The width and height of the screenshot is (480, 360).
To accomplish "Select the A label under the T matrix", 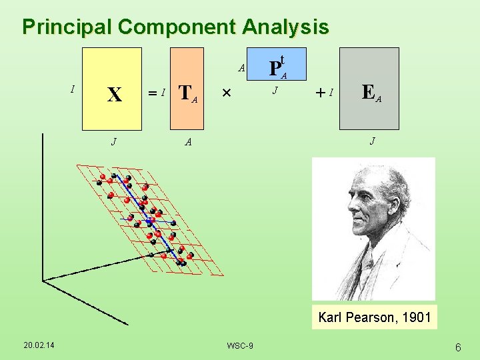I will pos(189,141).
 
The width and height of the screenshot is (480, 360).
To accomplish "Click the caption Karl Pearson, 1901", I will pos(374,317).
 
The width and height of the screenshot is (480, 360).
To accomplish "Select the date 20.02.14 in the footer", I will pos(39,345).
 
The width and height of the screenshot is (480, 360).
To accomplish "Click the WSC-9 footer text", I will pos(239,345).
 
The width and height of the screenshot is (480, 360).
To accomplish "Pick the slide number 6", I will pos(458,347).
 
